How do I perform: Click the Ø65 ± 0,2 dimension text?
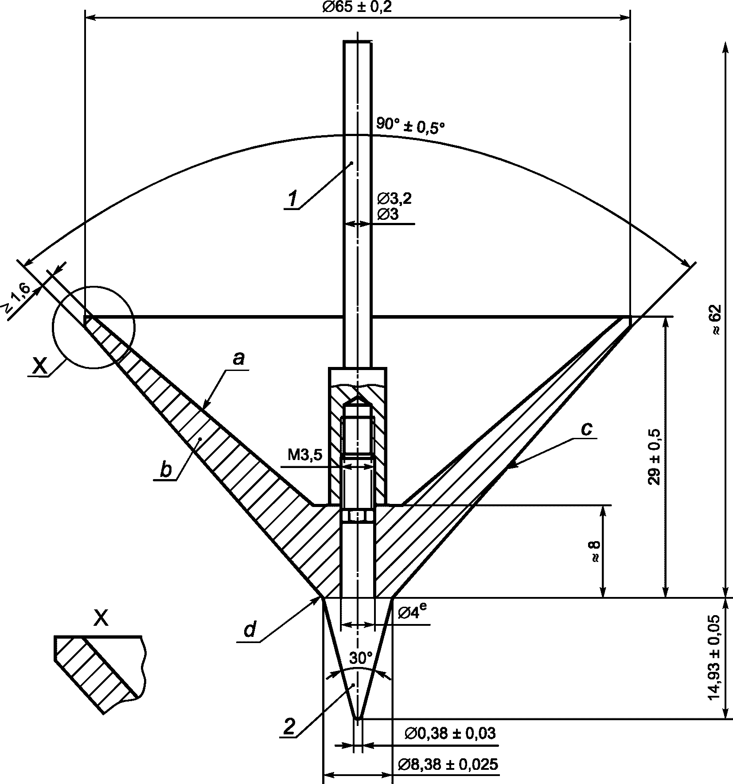pos(357,7)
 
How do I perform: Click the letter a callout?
pos(238,358)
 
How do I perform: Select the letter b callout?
pos(165,470)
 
